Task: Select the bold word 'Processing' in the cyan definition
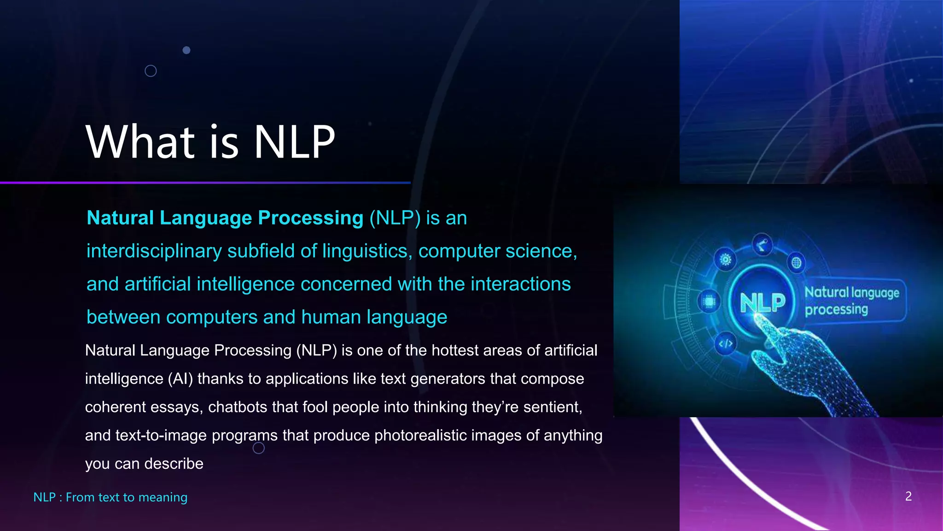point(311,218)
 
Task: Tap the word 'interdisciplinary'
point(154,251)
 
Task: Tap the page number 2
point(908,496)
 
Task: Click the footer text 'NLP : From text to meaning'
point(111,497)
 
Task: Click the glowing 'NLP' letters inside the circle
point(762,303)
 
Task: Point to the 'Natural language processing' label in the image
point(852,301)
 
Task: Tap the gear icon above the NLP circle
point(725,260)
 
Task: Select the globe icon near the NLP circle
point(796,263)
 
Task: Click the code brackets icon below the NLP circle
point(726,343)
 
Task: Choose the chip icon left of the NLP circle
point(709,302)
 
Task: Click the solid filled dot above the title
point(186,50)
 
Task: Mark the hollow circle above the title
point(151,71)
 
